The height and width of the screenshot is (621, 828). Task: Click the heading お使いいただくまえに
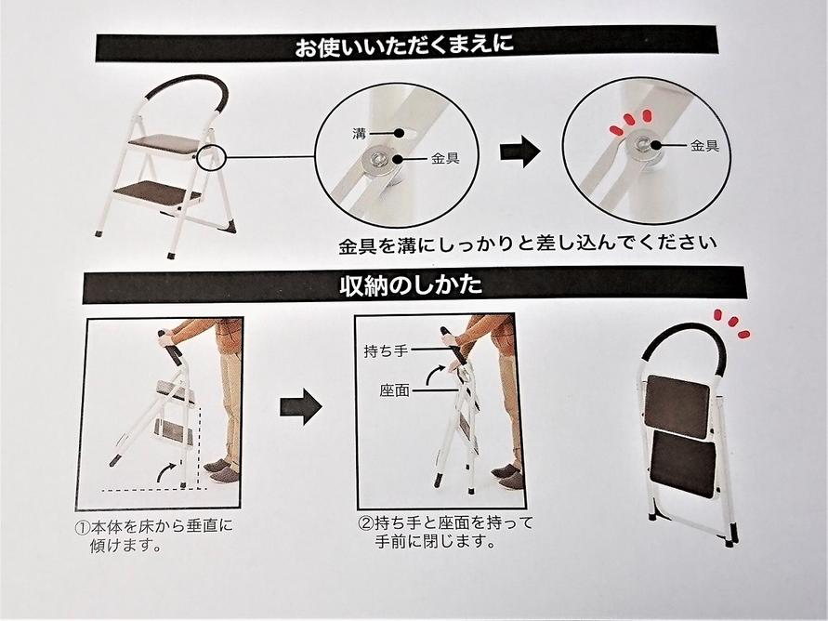404,45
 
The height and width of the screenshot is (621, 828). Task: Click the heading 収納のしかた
411,285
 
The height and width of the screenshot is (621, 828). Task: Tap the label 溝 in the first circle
359,133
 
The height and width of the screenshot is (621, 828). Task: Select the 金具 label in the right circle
705,145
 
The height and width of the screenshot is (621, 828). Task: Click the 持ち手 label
386,350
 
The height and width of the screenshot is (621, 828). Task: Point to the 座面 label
394,390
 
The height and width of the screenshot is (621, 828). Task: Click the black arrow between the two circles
520,152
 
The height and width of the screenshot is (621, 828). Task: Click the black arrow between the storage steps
300,406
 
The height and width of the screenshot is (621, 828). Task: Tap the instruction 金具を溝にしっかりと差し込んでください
528,244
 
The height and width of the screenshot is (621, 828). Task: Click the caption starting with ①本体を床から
153,535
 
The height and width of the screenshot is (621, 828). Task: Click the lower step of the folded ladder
683,464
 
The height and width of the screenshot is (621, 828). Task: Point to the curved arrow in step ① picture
166,471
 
